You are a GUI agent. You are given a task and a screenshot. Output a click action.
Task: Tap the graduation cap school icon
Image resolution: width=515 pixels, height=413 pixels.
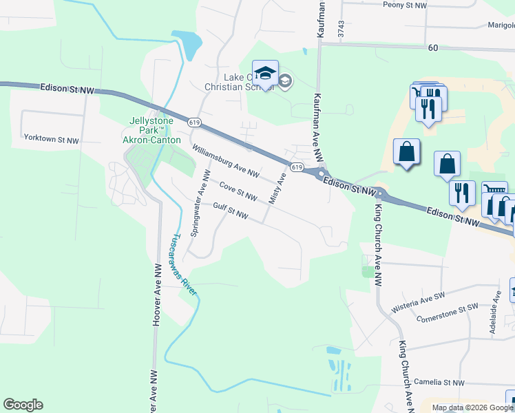coord(264,74)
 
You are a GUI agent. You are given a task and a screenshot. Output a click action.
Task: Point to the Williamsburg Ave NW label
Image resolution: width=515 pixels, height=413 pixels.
coord(225,160)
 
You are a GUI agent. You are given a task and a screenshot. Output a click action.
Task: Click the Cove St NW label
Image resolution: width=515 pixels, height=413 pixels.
coord(238,192)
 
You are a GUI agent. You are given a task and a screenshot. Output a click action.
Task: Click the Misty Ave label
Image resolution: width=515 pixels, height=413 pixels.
coord(277,188)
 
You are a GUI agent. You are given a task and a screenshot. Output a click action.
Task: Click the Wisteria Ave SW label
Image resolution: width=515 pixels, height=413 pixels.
coord(419,299)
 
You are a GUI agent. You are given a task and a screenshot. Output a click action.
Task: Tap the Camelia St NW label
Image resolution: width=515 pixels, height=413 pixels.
coord(439,383)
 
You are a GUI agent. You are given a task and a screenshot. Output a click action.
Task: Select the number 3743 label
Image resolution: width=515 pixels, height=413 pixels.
coord(341,29)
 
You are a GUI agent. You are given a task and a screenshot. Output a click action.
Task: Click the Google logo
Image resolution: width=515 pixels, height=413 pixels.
coord(23,405)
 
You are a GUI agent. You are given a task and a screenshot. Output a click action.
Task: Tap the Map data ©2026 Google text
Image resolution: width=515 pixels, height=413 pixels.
coord(472,407)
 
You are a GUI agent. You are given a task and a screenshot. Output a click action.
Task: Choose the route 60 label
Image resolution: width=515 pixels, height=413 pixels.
coord(432,47)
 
